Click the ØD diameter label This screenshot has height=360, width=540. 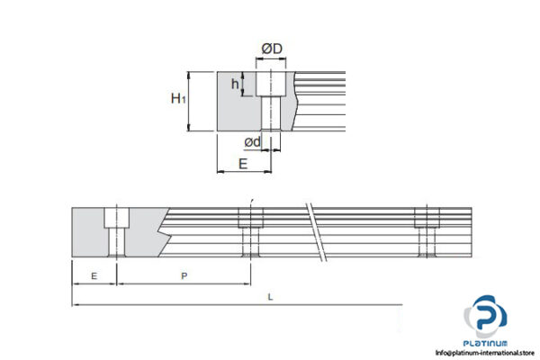point(272,47)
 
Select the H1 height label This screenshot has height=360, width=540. point(178,99)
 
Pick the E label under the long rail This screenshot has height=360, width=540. point(94,277)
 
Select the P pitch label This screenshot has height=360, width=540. point(184,277)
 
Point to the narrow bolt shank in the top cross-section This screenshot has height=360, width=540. point(270,114)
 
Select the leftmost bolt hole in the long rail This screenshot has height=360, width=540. point(117,231)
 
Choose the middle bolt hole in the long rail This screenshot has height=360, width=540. point(249,232)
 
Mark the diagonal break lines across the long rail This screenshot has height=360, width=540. point(315,231)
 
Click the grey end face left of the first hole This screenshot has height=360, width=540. point(88,232)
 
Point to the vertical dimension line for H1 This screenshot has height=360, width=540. point(190,102)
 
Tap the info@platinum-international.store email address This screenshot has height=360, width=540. point(485,353)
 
